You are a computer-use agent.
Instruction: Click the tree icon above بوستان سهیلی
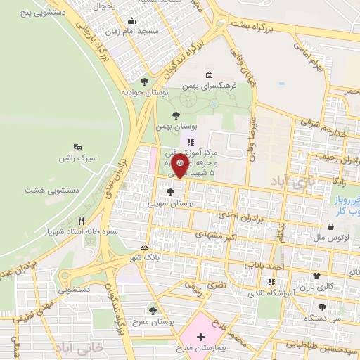coord(170,191)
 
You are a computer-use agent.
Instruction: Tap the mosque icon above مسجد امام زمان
coord(131,21)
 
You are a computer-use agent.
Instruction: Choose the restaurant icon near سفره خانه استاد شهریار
coord(81,220)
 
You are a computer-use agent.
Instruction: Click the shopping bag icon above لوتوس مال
coord(331,226)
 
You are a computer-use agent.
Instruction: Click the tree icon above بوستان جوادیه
coord(145,81)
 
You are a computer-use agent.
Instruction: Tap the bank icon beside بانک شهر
coord(144,247)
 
